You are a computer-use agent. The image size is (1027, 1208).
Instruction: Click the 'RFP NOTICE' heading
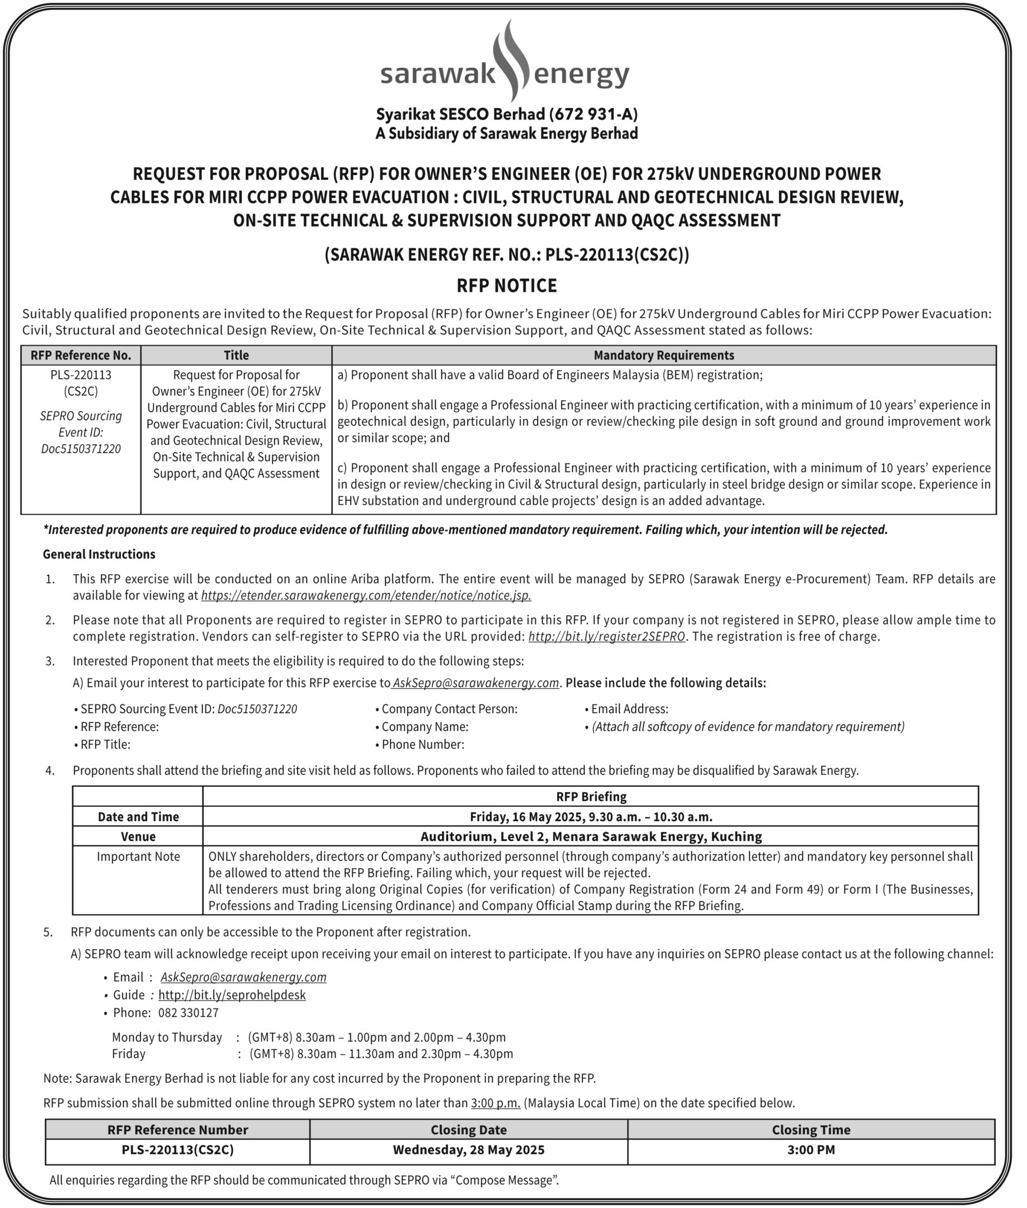pyautogui.click(x=506, y=285)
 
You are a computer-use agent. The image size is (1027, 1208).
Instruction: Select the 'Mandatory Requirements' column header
pyautogui.click(x=663, y=355)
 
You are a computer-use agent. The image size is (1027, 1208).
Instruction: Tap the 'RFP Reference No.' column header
pyautogui.click(x=81, y=355)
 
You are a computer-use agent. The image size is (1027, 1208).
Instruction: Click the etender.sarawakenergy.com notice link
pyautogui.click(x=366, y=595)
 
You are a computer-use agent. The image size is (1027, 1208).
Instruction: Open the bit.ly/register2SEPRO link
pyautogui.click(x=607, y=636)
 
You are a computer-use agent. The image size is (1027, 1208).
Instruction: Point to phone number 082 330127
pyautogui.click(x=188, y=1013)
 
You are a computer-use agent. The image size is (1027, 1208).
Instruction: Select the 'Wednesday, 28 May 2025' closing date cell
pyautogui.click(x=469, y=1150)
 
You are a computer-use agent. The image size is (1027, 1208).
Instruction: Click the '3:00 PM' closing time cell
pyautogui.click(x=811, y=1150)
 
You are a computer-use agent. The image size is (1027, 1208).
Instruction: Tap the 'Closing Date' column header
pyautogui.click(x=469, y=1130)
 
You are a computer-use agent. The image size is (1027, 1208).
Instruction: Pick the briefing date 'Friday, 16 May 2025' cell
pyautogui.click(x=591, y=816)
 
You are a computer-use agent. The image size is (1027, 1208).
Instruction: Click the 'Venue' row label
pyautogui.click(x=138, y=836)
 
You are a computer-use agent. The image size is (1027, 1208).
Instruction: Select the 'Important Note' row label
pyautogui.click(x=138, y=856)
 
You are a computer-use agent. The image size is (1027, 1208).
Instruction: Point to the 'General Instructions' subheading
pyautogui.click(x=99, y=554)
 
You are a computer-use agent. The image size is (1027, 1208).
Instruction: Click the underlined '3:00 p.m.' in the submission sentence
pyautogui.click(x=495, y=1102)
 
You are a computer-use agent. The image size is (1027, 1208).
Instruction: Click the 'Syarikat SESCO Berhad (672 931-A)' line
pyautogui.click(x=506, y=114)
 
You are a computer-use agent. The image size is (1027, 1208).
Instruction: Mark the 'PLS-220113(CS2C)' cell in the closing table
pyautogui.click(x=178, y=1150)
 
